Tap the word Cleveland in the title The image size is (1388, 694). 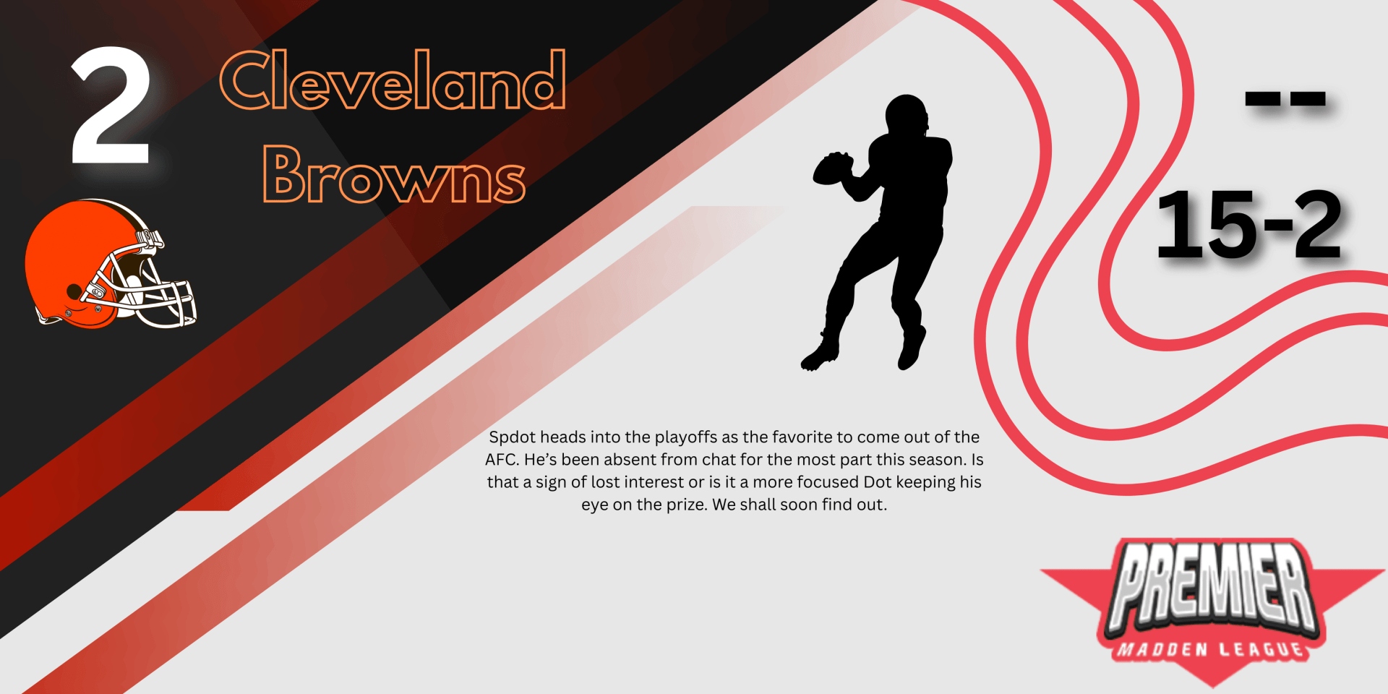pos(393,80)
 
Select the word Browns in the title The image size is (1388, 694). pos(394,174)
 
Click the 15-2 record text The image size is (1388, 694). pos(1249,223)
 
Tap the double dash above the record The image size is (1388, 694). pos(1285,100)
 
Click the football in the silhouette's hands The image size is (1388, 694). pos(833,168)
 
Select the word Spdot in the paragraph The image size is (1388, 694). pos(513,437)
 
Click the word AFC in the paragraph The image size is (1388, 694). pos(500,460)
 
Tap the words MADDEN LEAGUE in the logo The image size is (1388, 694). pos(1212,650)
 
